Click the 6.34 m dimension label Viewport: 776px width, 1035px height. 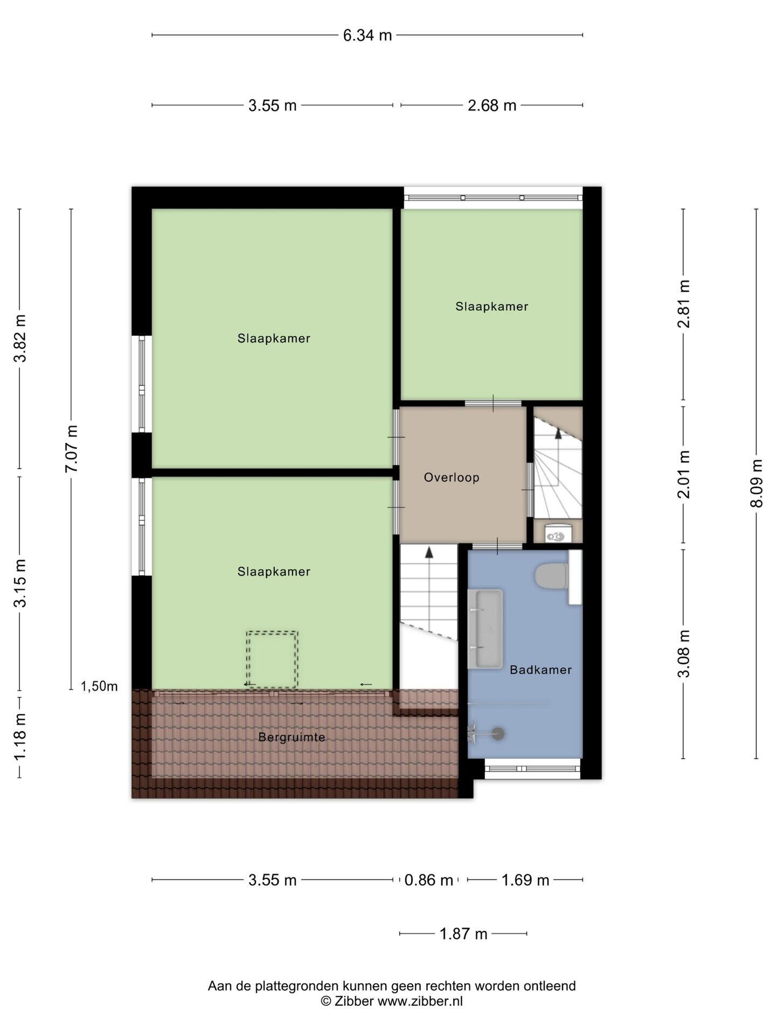[x=368, y=36]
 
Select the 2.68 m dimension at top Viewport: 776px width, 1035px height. [x=492, y=106]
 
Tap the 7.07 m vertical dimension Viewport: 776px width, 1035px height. [x=72, y=448]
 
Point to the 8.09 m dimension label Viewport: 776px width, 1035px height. [x=757, y=483]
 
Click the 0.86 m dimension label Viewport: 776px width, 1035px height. [x=428, y=880]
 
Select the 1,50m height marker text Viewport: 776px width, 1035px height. [x=99, y=686]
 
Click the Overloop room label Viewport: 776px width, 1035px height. [x=452, y=478]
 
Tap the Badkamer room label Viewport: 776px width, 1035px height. [x=541, y=670]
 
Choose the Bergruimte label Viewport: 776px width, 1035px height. [x=292, y=737]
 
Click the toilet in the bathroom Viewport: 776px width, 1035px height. [x=552, y=576]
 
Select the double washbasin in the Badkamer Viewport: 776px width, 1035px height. [x=485, y=629]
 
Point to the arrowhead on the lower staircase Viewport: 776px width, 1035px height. [x=429, y=552]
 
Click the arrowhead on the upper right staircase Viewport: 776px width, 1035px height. [x=558, y=433]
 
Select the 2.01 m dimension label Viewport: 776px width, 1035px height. [x=684, y=474]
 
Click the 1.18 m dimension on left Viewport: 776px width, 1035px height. [x=20, y=737]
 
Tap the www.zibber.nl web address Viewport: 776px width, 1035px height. [x=420, y=1001]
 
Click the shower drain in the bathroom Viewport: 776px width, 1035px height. [x=498, y=733]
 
